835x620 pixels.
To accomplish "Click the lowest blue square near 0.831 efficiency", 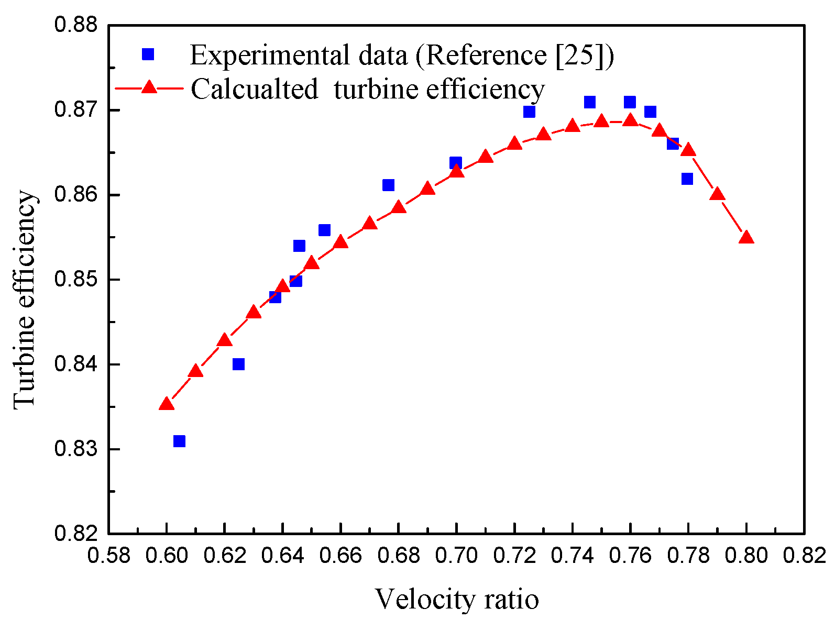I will pyautogui.click(x=179, y=441).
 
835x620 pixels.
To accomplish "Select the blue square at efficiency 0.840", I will pyautogui.click(x=238, y=364).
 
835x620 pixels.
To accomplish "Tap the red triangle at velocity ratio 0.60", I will pyautogui.click(x=167, y=404).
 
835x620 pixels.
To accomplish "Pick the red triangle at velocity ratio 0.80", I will pyautogui.click(x=746, y=238).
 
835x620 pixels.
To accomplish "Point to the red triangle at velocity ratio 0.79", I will pyautogui.click(x=717, y=195).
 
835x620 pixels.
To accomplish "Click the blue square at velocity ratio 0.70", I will pyautogui.click(x=456, y=162).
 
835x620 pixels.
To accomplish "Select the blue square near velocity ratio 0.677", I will pyautogui.click(x=388, y=185).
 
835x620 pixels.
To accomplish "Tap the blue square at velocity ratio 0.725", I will pyautogui.click(x=529, y=112).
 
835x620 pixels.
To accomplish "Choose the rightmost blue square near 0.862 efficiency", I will pyautogui.click(x=687, y=179).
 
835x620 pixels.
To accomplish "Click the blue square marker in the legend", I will pyautogui.click(x=148, y=54).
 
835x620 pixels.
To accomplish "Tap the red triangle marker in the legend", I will pyautogui.click(x=149, y=87).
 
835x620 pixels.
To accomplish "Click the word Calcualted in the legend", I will pyautogui.click(x=254, y=88).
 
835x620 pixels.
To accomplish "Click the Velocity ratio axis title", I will pyautogui.click(x=457, y=599).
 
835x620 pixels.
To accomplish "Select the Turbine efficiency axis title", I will pyautogui.click(x=25, y=300).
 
